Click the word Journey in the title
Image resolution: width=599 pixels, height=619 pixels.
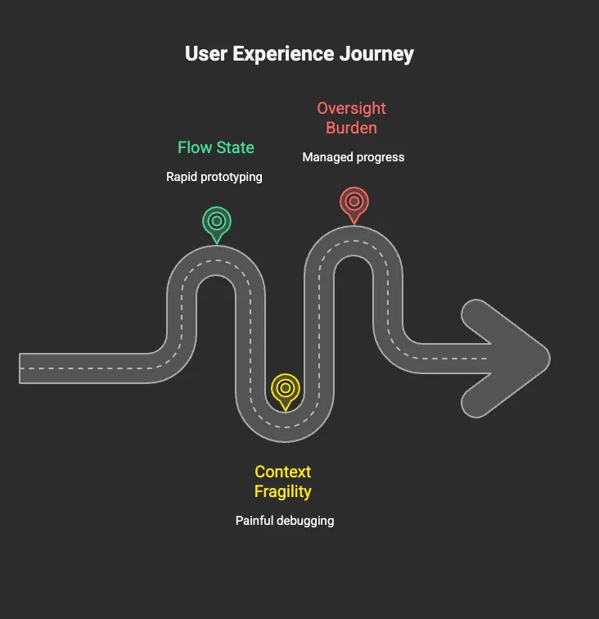[x=376, y=54]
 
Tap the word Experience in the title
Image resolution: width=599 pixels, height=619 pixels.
[x=283, y=54]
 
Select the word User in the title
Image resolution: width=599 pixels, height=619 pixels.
[x=206, y=53]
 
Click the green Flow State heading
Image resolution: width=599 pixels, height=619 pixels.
[x=216, y=147]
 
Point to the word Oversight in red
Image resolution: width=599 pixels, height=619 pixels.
[x=351, y=109]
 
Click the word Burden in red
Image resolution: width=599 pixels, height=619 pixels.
[x=351, y=128]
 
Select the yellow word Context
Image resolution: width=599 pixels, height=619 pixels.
[x=283, y=472]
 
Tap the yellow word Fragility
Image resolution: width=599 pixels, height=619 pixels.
[x=283, y=492]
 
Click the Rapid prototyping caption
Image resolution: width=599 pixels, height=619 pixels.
[x=214, y=177]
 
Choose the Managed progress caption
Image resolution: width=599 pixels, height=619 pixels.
[x=354, y=157]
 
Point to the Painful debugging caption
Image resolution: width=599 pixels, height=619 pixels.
[x=285, y=521]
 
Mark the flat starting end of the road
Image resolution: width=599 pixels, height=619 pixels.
[x=20, y=368]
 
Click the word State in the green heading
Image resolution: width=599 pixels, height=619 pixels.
[x=236, y=147]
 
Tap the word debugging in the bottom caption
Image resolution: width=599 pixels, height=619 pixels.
[x=305, y=521]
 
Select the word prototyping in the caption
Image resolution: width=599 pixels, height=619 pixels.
[x=232, y=177]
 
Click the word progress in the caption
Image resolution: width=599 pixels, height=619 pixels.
[x=381, y=157]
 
